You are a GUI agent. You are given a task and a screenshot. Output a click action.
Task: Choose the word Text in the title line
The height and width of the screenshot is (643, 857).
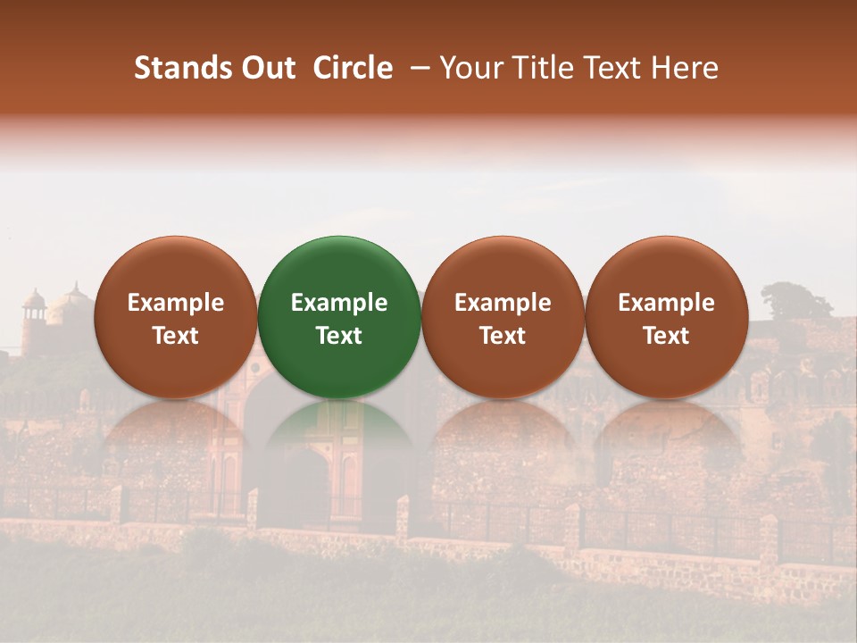(611, 68)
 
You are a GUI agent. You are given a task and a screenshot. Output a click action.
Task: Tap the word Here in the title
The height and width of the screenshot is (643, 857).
(684, 68)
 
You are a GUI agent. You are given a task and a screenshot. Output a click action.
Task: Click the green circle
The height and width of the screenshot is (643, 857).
(338, 268)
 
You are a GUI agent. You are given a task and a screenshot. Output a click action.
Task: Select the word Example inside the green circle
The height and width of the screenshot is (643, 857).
(338, 303)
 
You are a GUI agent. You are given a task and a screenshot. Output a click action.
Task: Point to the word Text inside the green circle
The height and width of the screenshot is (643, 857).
(338, 336)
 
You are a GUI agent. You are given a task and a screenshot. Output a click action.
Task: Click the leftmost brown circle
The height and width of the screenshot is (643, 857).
(175, 268)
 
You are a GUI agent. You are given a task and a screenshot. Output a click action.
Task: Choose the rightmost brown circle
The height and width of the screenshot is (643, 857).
(666, 268)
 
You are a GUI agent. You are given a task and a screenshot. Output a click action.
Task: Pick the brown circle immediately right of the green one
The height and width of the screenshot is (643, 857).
(503, 268)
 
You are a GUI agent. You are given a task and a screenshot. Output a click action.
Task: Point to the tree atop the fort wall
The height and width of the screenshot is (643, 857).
(795, 302)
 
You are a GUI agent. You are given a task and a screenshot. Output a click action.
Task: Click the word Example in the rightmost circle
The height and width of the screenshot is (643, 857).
(666, 303)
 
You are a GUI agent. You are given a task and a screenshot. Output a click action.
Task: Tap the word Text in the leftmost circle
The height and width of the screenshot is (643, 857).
(175, 336)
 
